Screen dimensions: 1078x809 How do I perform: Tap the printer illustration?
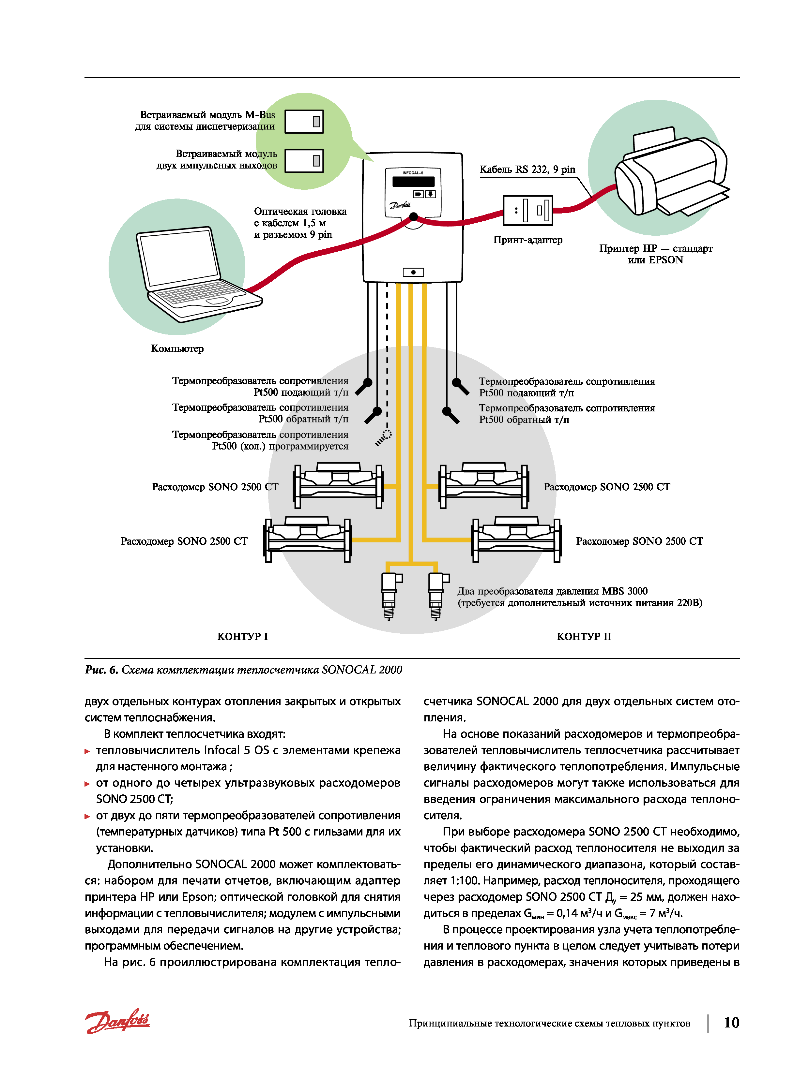(x=670, y=173)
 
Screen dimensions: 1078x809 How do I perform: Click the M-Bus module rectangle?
(x=304, y=121)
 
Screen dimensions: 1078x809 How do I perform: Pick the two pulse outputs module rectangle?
(x=304, y=160)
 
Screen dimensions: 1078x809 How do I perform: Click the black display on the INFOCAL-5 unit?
(x=413, y=181)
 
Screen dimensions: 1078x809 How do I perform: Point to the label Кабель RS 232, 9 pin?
(x=527, y=170)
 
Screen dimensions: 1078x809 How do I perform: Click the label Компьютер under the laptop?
(x=177, y=348)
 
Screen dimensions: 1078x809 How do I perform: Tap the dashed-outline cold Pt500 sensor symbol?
(x=384, y=437)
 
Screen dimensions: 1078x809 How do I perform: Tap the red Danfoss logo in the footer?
(x=117, y=1021)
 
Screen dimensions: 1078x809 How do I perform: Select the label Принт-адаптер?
(x=527, y=240)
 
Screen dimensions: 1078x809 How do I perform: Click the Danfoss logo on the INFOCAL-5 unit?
(x=400, y=205)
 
